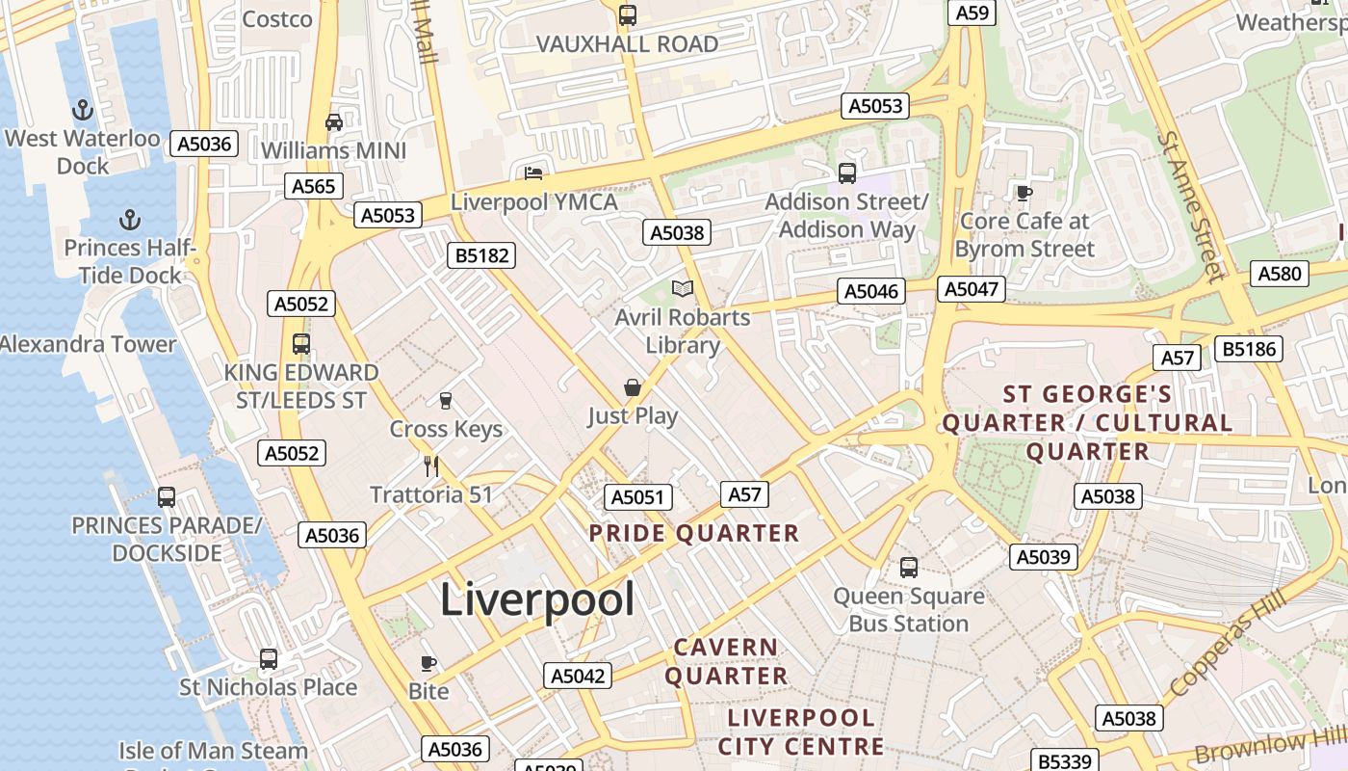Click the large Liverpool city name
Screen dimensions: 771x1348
coord(537,599)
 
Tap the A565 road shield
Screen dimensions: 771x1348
coord(314,186)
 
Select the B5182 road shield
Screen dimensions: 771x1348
coord(481,255)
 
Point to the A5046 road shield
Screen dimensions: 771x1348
coord(871,291)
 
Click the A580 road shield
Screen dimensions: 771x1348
coord(1280,274)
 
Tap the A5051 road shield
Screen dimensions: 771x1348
coord(637,497)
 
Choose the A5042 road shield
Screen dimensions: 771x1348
coord(578,676)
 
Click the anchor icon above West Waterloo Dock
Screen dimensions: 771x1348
coord(83,110)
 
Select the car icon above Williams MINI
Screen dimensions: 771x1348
coord(334,122)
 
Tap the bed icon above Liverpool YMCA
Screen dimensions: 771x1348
coord(533,173)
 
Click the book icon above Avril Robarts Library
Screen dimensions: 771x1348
coord(683,288)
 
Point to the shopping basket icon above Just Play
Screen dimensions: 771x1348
coord(633,387)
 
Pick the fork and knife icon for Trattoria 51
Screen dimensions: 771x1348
coord(431,466)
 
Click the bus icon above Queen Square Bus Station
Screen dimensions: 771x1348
coord(909,568)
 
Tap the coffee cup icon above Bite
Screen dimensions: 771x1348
coord(428,663)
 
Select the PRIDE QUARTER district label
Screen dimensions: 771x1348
coord(693,533)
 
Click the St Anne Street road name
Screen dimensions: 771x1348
coord(1193,207)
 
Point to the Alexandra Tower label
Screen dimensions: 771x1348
coord(89,344)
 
